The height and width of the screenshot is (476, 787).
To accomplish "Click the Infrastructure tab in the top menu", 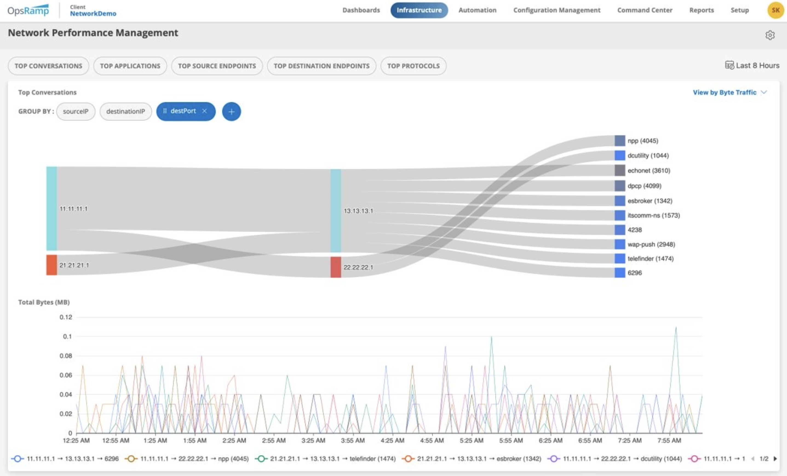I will (419, 10).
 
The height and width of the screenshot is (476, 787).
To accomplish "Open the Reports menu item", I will (701, 10).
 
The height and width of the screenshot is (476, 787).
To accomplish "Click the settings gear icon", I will (770, 35).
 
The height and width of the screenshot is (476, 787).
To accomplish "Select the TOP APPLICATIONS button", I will (130, 66).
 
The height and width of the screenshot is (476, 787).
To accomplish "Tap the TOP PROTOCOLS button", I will (413, 66).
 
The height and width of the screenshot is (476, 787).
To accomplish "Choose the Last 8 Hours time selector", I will (752, 65).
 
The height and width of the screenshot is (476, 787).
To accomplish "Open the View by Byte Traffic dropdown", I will (729, 93).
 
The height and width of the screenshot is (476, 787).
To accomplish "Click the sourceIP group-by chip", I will (76, 111).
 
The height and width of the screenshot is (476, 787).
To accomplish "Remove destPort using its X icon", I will (204, 111).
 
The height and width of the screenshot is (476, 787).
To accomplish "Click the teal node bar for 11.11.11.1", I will (52, 208).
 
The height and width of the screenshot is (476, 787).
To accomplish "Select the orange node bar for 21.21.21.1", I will (52, 265).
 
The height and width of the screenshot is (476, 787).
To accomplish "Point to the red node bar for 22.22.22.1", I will (336, 267).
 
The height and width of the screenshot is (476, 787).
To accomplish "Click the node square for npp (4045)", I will (620, 140).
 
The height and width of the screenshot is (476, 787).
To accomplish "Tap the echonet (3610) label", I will (649, 171).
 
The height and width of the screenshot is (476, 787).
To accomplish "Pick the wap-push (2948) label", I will (651, 244).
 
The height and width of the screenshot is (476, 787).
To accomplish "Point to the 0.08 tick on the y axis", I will (66, 356).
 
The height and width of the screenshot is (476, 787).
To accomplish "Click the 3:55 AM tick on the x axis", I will (353, 441).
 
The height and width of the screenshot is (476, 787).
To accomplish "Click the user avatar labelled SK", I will (775, 10).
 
